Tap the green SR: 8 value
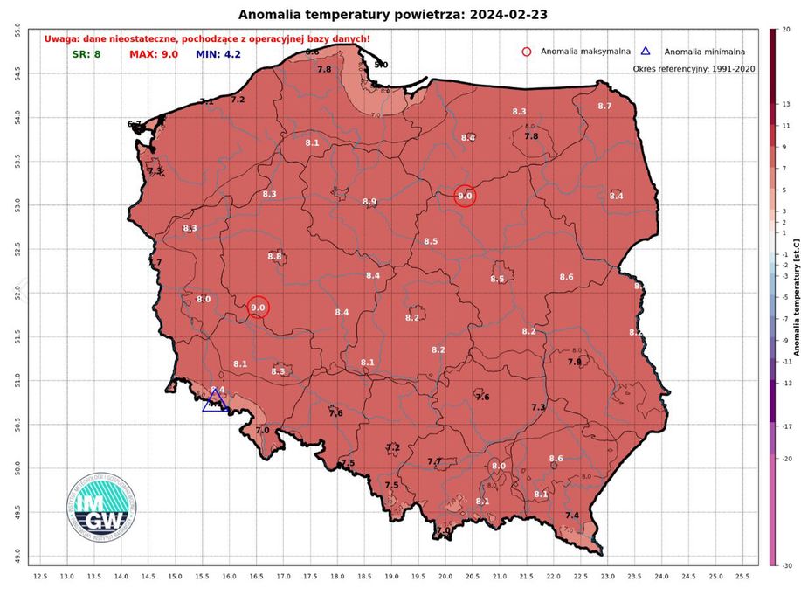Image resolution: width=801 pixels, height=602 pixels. (x=86, y=54)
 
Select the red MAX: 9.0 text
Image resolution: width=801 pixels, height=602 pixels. (x=154, y=54)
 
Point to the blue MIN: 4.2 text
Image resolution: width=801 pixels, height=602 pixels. (x=218, y=54)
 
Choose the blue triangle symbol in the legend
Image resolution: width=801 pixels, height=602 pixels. (x=646, y=52)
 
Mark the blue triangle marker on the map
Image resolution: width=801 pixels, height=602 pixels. (x=215, y=401)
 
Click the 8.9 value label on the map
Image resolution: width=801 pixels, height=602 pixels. (x=369, y=202)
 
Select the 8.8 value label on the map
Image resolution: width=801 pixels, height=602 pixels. (x=274, y=257)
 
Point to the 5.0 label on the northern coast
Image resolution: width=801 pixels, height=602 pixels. (x=381, y=65)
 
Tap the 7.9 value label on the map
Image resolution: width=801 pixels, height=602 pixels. (x=575, y=362)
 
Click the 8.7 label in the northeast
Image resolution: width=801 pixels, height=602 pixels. (x=604, y=106)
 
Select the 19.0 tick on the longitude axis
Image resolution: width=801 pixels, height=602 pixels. (x=391, y=577)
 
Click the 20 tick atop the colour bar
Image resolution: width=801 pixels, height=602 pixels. (x=785, y=30)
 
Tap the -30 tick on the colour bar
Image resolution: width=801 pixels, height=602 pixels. (x=786, y=565)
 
